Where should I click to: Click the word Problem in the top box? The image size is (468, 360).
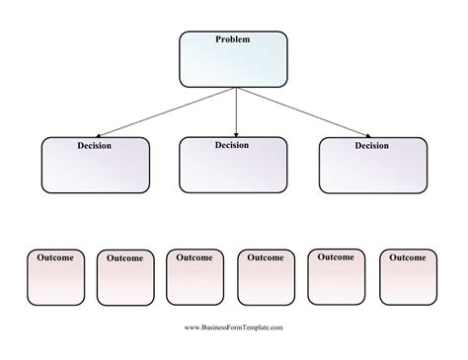(x=233, y=39)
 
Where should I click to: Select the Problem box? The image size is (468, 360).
(x=233, y=61)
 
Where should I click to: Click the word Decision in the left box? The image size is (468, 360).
(x=95, y=146)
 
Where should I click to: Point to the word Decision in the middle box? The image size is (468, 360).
(x=233, y=145)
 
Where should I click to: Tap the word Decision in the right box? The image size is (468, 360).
(x=373, y=146)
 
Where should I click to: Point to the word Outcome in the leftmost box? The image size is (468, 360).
(x=55, y=257)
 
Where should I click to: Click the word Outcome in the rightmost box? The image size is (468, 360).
(x=408, y=257)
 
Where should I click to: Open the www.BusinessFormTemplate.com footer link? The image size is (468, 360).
(x=234, y=327)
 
